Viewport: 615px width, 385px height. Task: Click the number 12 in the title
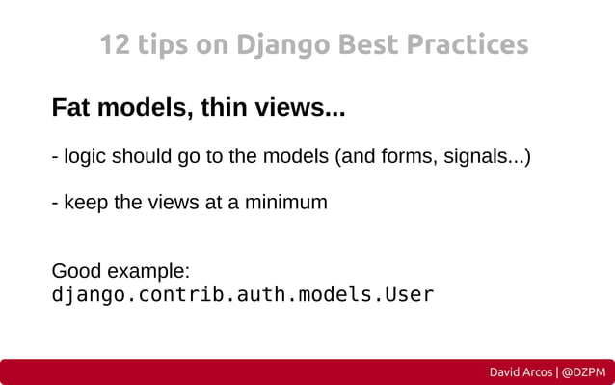(x=115, y=45)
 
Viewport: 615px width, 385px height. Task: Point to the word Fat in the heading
(x=70, y=107)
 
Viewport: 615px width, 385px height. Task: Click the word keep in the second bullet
(x=84, y=203)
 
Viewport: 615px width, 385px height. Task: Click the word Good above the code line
(x=74, y=271)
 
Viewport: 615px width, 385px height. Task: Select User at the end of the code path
(x=411, y=293)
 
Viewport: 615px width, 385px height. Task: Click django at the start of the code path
(x=82, y=293)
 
